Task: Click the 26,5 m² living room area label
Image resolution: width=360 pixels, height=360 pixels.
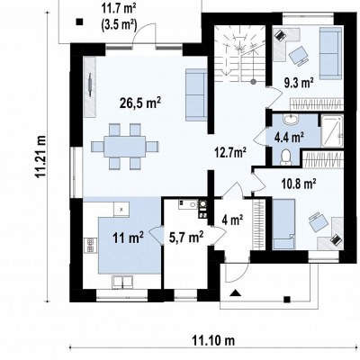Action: (x=140, y=103)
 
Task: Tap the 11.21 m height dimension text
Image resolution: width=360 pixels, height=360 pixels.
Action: (x=40, y=157)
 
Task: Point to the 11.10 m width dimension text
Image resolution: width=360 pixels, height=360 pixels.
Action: (x=213, y=340)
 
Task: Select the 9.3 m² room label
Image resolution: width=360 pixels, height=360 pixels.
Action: (x=299, y=82)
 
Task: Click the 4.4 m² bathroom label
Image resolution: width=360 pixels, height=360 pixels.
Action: (x=289, y=137)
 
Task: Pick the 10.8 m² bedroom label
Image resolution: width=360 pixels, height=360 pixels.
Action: (x=299, y=183)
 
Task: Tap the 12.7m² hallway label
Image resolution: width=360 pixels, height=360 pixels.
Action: (x=230, y=152)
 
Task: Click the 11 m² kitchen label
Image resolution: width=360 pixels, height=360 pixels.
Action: (x=128, y=238)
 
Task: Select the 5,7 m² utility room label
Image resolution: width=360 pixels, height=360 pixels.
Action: (x=186, y=238)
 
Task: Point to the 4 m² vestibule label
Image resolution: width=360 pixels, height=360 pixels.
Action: (x=232, y=220)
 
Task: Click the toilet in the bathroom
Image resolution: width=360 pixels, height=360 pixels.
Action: (x=285, y=157)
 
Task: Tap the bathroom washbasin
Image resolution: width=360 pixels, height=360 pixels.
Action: (x=291, y=120)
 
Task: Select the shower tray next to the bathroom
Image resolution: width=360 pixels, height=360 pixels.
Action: (x=332, y=131)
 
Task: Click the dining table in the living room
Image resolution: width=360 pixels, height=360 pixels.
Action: (x=125, y=147)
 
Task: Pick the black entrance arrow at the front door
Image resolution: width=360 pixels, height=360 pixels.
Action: (x=236, y=292)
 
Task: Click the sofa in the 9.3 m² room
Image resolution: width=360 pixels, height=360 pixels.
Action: (x=330, y=53)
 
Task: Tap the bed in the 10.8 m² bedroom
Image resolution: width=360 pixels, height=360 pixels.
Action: (x=283, y=224)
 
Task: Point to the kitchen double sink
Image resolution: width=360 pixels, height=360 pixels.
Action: (x=122, y=282)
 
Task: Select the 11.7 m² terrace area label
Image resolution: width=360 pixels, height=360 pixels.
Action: (x=119, y=17)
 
